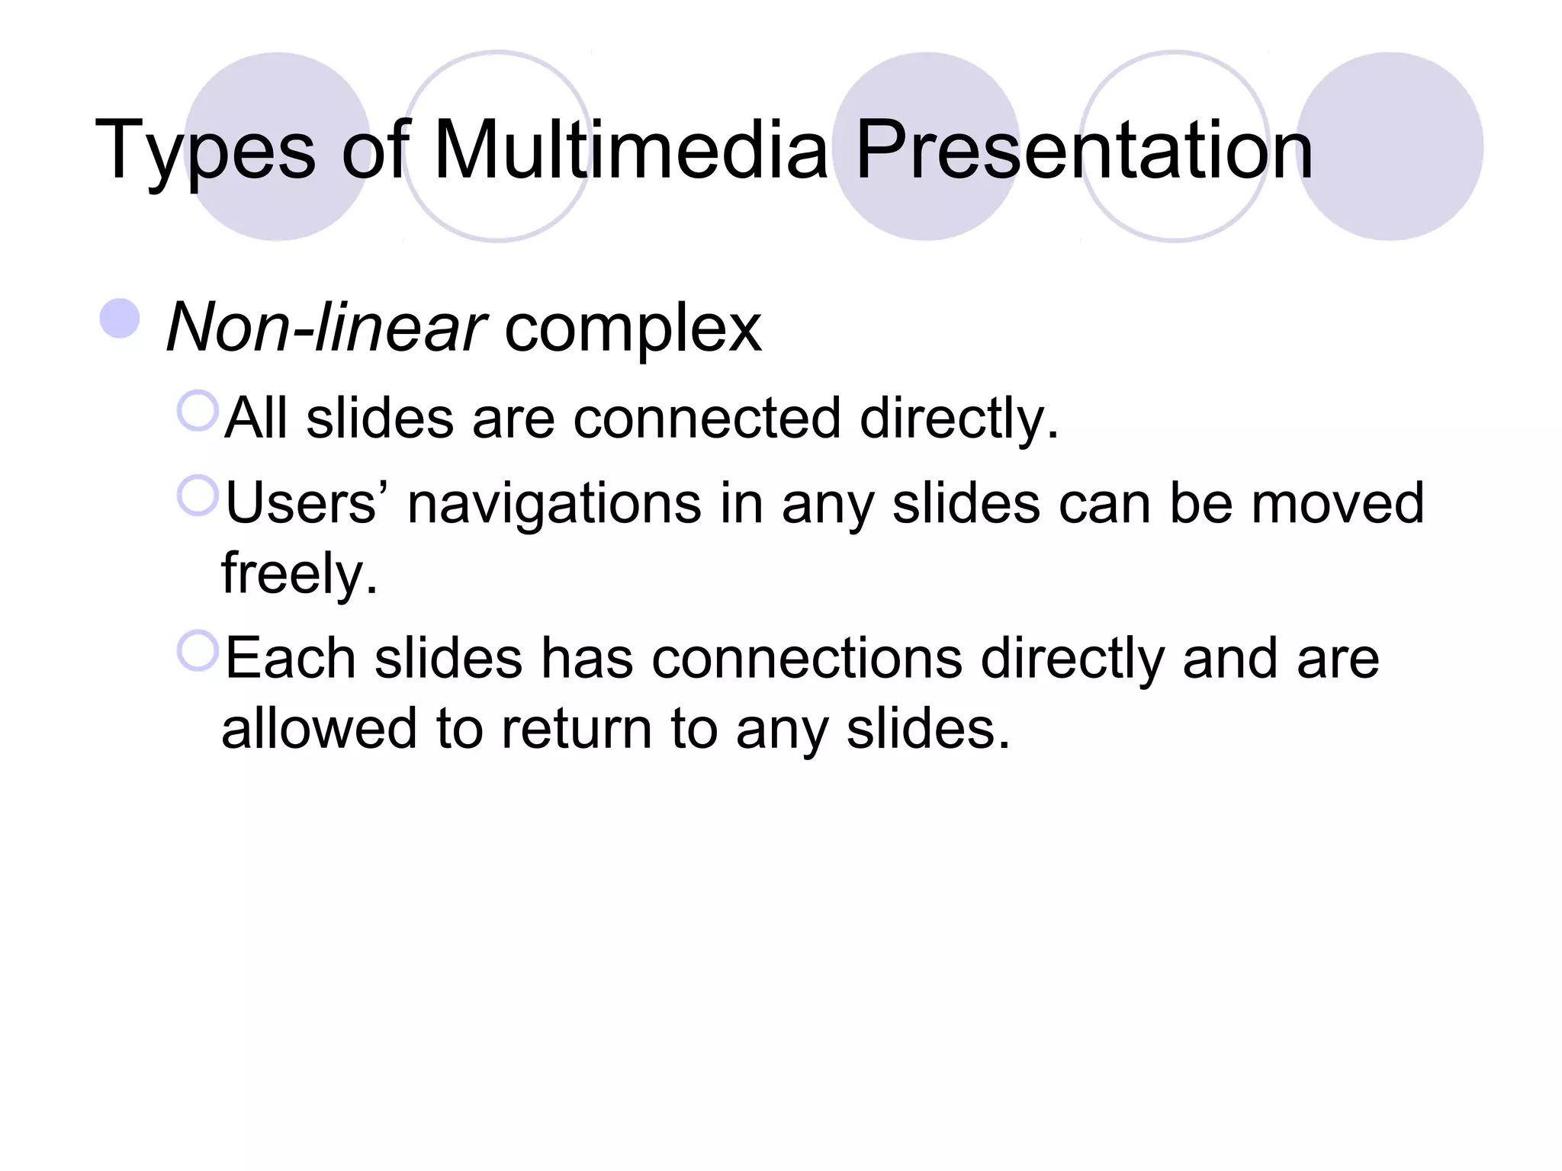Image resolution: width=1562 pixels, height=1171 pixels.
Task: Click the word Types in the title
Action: pos(204,151)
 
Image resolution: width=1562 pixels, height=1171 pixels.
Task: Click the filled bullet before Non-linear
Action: pos(120,319)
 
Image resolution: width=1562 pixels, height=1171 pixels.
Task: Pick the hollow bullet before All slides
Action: pos(198,411)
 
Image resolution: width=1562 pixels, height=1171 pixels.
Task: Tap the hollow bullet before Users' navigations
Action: pos(198,496)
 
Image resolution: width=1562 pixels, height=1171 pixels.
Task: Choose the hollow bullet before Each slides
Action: pos(198,651)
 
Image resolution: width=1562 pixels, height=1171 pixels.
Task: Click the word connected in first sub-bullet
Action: pos(706,419)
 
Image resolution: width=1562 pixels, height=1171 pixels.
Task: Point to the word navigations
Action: pos(554,505)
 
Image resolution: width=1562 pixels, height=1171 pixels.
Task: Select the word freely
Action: pos(299,574)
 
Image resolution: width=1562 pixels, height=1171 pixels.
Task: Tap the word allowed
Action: pos(318,728)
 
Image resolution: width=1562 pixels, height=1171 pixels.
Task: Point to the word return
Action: pos(576,730)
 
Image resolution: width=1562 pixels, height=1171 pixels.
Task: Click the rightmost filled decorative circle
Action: pos(1390,146)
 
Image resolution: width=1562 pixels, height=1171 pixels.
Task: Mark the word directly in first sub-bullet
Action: pos(959,420)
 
